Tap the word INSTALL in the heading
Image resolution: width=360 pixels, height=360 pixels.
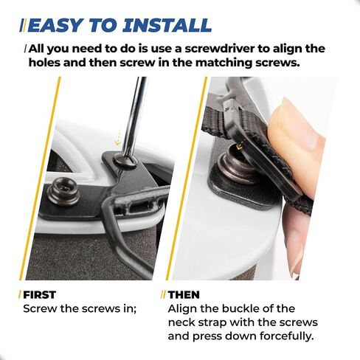(x=167, y=25)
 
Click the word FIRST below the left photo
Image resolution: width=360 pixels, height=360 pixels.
(x=39, y=294)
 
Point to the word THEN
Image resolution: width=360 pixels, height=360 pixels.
(x=184, y=294)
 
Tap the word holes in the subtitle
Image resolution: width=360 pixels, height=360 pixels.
(x=44, y=63)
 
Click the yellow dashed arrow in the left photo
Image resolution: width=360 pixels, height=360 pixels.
(x=119, y=136)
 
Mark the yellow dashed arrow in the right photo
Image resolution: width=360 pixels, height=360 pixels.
(x=240, y=145)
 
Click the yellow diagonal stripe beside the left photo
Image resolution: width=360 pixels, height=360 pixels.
(x=40, y=179)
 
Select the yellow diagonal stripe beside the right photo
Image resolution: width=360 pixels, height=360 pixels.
(x=187, y=179)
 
